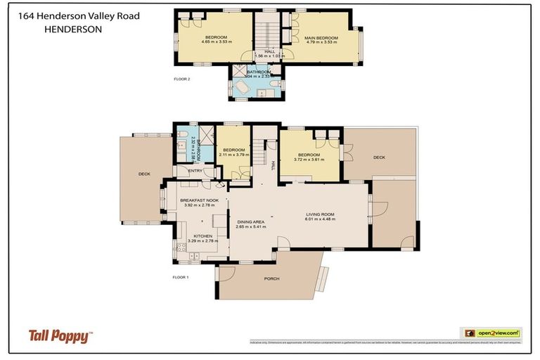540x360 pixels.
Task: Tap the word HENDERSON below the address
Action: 73,30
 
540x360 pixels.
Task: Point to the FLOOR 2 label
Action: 181,79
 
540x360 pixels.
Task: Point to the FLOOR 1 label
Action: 181,277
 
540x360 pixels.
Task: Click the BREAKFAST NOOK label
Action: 198,199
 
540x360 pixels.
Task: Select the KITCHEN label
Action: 202,236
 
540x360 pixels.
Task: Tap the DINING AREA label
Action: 250,222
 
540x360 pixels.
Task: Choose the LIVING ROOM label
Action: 319,214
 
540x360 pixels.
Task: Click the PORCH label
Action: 271,278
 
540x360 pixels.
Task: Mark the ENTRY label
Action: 195,170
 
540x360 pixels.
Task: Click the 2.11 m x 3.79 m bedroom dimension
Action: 233,155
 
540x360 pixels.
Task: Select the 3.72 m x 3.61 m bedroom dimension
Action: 309,159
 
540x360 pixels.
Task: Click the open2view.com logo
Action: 490,333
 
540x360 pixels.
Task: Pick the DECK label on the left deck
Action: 144,173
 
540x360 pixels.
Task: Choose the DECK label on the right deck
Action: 379,157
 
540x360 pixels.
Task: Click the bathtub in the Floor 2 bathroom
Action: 240,87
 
